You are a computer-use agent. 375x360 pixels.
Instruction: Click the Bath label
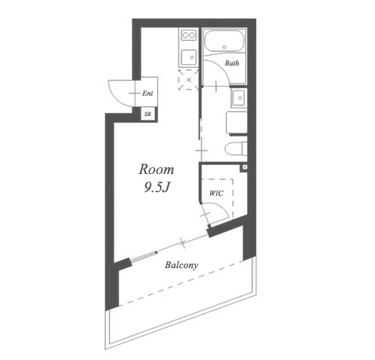click(232, 63)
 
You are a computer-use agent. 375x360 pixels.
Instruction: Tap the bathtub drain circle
click(224, 47)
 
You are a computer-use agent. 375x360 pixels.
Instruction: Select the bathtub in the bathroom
click(224, 41)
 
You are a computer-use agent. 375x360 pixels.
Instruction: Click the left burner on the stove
click(185, 35)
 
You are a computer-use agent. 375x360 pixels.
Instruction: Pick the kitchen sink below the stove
click(189, 57)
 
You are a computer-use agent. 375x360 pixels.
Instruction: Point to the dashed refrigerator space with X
click(188, 80)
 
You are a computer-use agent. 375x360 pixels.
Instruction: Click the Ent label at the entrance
click(148, 93)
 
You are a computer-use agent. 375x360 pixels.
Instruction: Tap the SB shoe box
click(148, 114)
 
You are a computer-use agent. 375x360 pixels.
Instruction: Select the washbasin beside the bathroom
click(239, 98)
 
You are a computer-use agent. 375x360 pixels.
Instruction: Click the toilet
click(236, 149)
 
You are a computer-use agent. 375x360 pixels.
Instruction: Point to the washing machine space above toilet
click(236, 122)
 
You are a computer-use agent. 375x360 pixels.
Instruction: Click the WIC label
click(216, 194)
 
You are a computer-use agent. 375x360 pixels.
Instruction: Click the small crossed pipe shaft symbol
click(245, 167)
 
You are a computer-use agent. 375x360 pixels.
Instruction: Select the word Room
click(157, 169)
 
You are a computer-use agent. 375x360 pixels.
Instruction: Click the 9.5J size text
click(157, 187)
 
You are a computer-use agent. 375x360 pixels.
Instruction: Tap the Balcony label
click(181, 265)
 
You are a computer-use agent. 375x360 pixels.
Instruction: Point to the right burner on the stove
click(192, 35)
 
